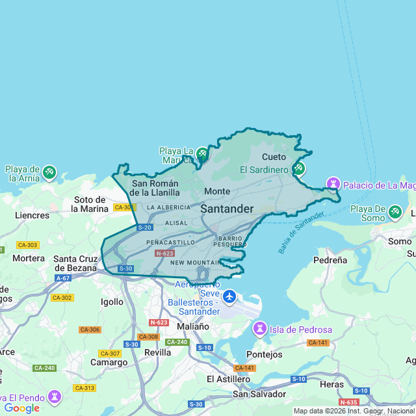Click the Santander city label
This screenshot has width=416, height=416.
pos(226,209)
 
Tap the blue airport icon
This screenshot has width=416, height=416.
pos(229,297)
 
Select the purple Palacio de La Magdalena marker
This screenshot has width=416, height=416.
pos(333,185)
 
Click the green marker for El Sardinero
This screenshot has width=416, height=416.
pos(298,169)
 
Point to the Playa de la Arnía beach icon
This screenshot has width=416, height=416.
pos(49,173)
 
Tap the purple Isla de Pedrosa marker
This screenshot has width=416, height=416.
pos(260,330)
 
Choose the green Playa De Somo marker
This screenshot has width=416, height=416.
pos(395,212)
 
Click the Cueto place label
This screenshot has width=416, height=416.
pos(274,157)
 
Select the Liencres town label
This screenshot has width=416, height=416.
pos(32,215)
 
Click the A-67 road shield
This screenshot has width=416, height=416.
pos(63,278)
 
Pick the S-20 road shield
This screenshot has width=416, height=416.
pos(144,227)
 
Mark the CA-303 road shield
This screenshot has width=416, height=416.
pos(28,245)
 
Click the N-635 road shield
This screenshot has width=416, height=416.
pos(348,402)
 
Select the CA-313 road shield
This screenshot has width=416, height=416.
pos(84,388)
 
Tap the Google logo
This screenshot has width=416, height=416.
pos(21,408)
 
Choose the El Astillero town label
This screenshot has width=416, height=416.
pos(228,379)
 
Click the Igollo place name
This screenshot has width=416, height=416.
pos(112,302)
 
